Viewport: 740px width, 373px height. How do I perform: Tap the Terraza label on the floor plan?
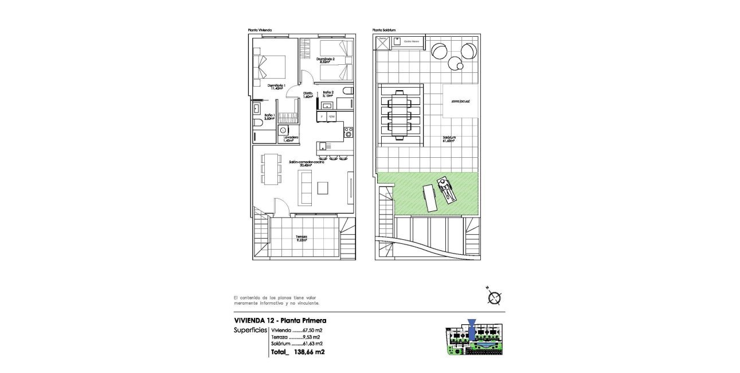(x=302, y=238)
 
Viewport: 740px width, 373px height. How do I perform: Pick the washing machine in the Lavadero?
(x=283, y=130)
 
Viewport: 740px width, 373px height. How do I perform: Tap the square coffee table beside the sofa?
(x=324, y=188)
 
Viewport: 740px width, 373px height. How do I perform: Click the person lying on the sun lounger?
(x=446, y=189)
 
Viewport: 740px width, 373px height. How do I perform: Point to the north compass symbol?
(x=494, y=296)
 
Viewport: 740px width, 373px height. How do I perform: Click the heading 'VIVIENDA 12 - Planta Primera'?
(x=280, y=321)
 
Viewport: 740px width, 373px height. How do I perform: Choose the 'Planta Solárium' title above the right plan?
(x=384, y=30)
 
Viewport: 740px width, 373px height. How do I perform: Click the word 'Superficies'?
(x=250, y=331)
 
